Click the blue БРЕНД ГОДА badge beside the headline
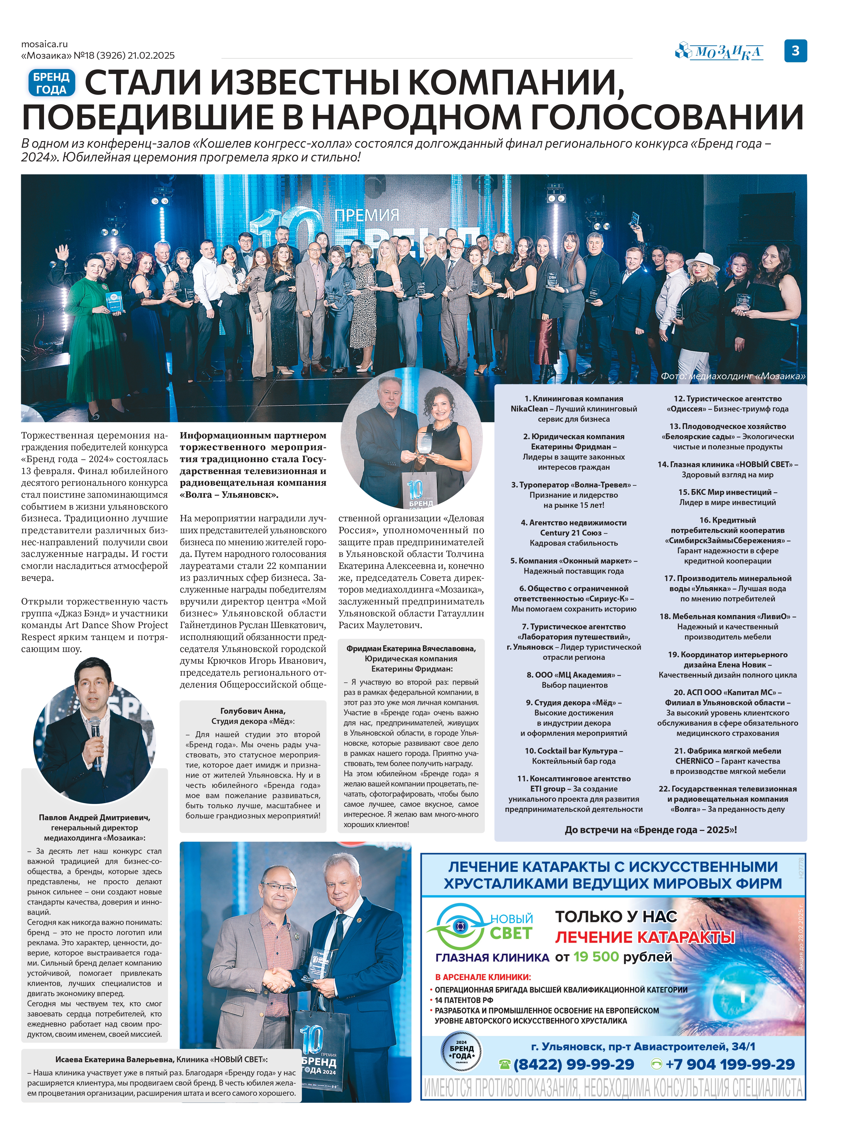pos(51,83)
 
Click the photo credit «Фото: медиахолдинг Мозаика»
pos(733,376)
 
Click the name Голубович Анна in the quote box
pos(253,711)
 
